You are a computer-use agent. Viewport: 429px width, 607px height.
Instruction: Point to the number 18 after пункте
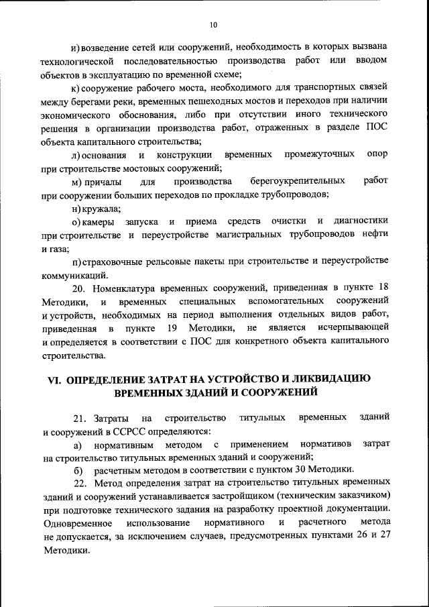(381, 288)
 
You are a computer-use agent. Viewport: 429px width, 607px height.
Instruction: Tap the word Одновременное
(76, 522)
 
